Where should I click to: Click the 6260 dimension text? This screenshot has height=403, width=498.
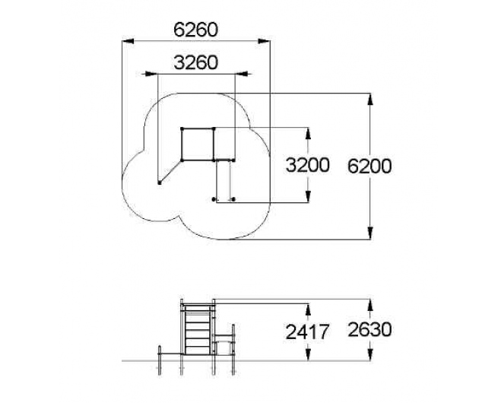195,30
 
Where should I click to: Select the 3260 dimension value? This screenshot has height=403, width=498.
195,62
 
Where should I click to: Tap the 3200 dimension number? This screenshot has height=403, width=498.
307,165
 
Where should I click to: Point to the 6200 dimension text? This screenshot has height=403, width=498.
370,167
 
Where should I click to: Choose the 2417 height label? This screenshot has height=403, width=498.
307,332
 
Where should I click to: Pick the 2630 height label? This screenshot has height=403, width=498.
370,329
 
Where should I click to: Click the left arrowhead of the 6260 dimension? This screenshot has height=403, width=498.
128,41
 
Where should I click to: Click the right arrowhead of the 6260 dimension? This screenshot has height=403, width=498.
264,41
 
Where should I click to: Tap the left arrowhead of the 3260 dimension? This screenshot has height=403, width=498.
151,74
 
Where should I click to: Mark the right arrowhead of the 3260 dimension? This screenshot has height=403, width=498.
241,74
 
